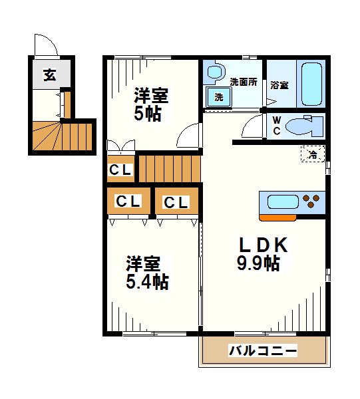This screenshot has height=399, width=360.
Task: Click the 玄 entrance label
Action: (50, 74)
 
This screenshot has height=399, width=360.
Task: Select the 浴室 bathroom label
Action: (279, 85)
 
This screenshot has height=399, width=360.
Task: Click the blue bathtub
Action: (311, 84)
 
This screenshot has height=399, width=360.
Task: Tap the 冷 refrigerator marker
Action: (312, 154)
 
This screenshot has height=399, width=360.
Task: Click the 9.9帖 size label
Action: (258, 264)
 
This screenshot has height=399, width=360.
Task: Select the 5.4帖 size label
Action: (147, 282)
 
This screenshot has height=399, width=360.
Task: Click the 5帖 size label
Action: (148, 113)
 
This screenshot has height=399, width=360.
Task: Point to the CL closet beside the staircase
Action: (120, 170)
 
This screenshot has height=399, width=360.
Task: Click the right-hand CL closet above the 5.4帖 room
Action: (176, 202)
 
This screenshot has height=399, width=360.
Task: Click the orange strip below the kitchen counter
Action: (277, 217)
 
